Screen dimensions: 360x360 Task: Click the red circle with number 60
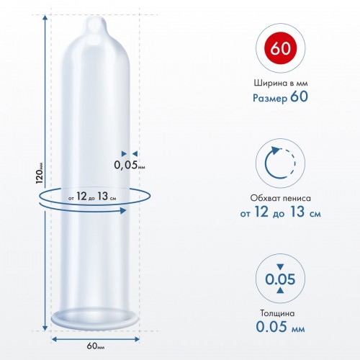[x=280, y=48]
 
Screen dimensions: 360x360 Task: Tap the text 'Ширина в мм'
[x=281, y=83]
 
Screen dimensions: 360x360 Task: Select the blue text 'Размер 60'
[x=280, y=97]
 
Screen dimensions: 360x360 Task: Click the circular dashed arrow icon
[x=280, y=163]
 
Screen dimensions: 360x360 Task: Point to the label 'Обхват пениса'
[x=280, y=198]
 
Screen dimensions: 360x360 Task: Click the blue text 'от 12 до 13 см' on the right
[x=280, y=212]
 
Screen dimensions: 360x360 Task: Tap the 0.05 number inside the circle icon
[x=280, y=279]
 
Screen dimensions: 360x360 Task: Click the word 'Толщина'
[x=277, y=313]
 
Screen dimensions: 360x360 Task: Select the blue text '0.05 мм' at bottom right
[x=280, y=326]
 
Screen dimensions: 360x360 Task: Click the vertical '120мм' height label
[x=40, y=173]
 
